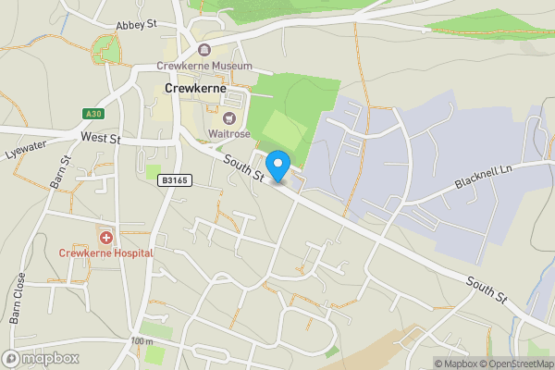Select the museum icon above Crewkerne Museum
pos(204,51)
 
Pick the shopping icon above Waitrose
pos(228,117)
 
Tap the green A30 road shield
pos(91,114)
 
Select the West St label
pos(101,138)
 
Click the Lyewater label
pos(24,148)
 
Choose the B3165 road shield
pos(173,180)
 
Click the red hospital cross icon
pos(106,236)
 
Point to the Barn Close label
pos(20,298)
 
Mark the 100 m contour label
pos(142,341)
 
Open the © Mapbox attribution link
pos(458,363)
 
